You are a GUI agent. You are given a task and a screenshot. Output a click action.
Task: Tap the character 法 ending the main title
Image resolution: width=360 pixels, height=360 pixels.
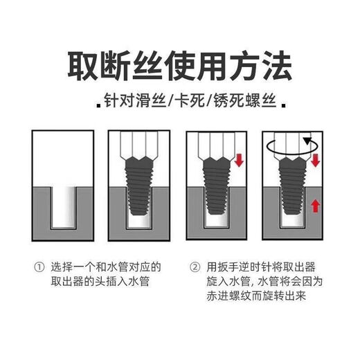[279, 66]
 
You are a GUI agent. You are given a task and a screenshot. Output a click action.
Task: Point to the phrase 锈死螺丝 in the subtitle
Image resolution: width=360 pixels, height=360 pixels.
[244, 105]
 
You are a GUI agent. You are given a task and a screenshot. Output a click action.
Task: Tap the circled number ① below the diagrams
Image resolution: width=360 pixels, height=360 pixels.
[39, 267]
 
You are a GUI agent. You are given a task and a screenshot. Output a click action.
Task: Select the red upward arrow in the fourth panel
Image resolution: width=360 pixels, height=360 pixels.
[315, 206]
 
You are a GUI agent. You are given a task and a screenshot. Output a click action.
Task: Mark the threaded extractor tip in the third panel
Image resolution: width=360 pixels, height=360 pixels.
[217, 190]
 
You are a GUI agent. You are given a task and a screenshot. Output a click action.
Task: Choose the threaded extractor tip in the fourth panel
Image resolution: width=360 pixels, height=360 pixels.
[294, 190]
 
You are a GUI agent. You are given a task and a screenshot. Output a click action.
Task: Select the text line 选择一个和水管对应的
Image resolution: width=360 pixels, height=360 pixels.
[106, 267]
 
